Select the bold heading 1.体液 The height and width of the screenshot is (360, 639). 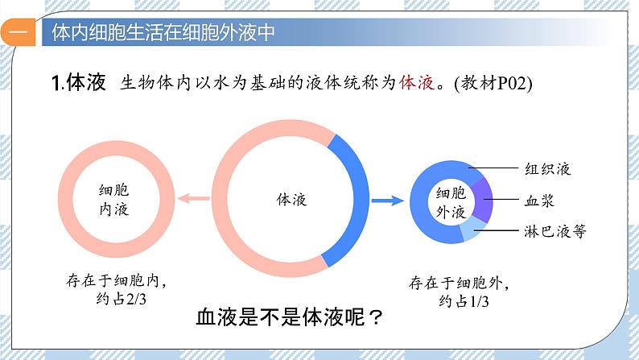pyautogui.click(x=78, y=83)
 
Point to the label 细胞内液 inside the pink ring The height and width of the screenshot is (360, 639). pyautogui.click(x=113, y=199)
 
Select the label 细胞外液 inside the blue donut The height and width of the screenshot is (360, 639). pyautogui.click(x=451, y=203)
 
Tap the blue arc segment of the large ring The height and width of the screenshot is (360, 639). pyautogui.click(x=352, y=197)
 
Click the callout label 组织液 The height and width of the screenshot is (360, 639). pyautogui.click(x=554, y=169)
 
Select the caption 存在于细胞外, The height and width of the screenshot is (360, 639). pyautogui.click(x=460, y=283)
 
